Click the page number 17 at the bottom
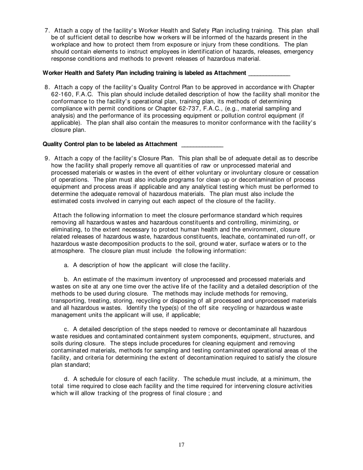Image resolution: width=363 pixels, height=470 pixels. [x=181, y=444]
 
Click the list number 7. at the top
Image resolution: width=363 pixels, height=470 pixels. [x=48, y=31]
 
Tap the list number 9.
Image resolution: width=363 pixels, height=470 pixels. [x=48, y=158]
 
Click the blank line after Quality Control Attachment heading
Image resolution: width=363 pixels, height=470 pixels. [x=202, y=144]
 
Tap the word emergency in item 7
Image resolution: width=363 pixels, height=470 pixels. [x=296, y=52]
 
